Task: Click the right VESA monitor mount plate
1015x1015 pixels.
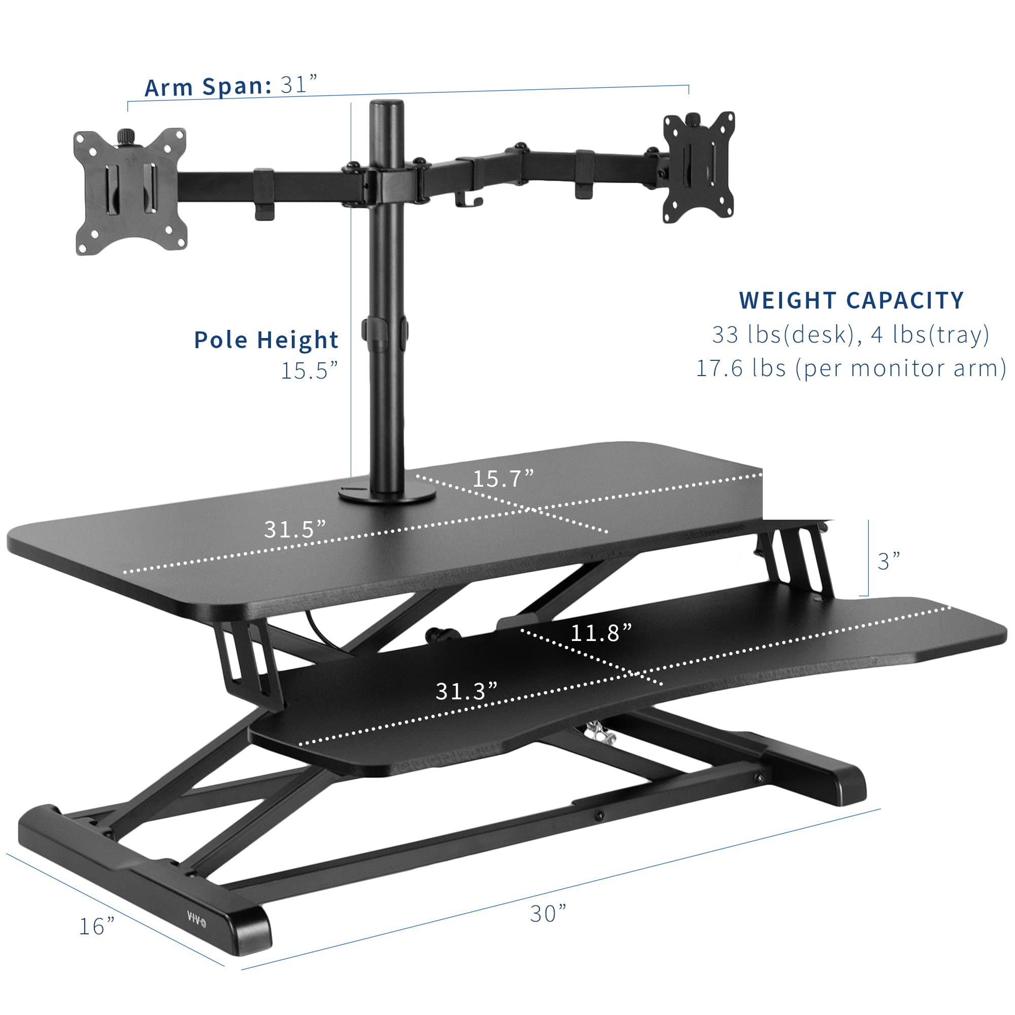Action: [698, 167]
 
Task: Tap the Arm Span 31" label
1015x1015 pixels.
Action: [231, 86]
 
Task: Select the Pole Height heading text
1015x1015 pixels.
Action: [266, 340]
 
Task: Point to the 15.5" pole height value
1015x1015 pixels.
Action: [309, 371]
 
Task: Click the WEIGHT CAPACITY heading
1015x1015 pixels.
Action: [851, 300]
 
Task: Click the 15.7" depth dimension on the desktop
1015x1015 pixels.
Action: [503, 479]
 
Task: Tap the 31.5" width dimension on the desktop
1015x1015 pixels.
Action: [295, 529]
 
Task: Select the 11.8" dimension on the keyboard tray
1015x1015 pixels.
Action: [601, 633]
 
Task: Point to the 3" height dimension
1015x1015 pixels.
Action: [889, 562]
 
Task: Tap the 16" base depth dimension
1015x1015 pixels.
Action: [96, 926]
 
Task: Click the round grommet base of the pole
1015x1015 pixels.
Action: [387, 495]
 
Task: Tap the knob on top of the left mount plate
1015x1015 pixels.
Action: [125, 136]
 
